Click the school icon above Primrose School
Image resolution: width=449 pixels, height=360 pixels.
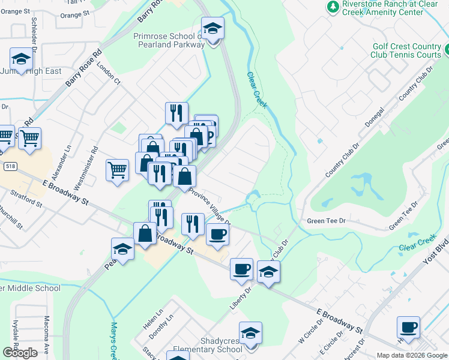click(x=211, y=28)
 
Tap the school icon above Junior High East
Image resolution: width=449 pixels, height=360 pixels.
click(x=21, y=59)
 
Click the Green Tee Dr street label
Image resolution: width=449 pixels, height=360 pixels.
click(x=327, y=221)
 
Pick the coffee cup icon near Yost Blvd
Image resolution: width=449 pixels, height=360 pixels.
click(x=408, y=328)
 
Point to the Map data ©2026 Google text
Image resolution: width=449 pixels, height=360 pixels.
click(x=411, y=355)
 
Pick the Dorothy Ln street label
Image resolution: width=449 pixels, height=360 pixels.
click(x=162, y=325)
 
